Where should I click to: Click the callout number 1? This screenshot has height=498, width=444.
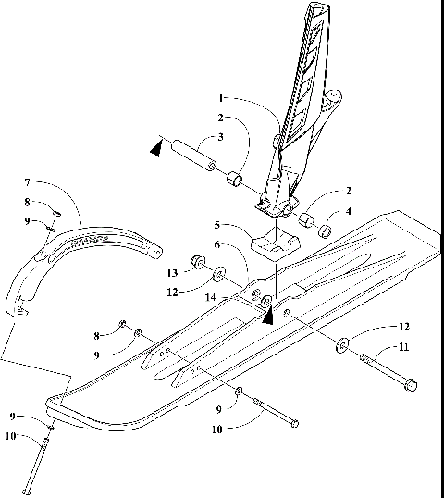pos(222,97)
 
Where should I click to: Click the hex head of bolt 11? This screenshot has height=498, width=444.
pos(411,382)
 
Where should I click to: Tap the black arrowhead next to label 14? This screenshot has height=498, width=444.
pos(269,317)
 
